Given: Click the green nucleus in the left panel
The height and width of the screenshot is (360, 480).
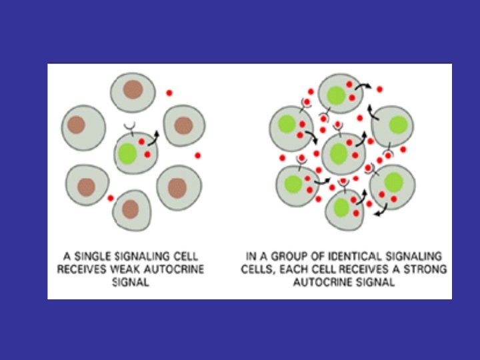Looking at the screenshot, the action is coord(127,153).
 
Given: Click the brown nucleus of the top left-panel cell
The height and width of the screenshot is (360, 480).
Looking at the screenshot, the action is coord(133,90).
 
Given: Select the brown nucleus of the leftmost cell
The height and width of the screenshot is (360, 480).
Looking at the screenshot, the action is coord(76,125).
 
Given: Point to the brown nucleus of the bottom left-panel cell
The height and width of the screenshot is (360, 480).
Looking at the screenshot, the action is coord(131,209).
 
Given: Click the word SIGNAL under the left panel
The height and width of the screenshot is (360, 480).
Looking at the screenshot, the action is coord(130,283).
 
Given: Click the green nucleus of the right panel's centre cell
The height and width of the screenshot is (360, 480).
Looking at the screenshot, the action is coord(339,154).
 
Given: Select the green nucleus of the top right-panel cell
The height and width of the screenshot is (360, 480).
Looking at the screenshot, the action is coord(336,95).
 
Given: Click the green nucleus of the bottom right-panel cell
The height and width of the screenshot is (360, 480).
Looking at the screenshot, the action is coord(341,207).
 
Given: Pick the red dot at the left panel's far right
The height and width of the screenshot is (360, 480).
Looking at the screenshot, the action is coord(198,155).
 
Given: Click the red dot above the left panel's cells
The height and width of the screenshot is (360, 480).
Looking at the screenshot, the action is coord(169,93).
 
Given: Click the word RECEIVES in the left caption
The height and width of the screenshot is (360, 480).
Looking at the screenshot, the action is coord(81,269).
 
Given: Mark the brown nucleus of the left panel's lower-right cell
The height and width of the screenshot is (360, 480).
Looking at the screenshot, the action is coord(177,189).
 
